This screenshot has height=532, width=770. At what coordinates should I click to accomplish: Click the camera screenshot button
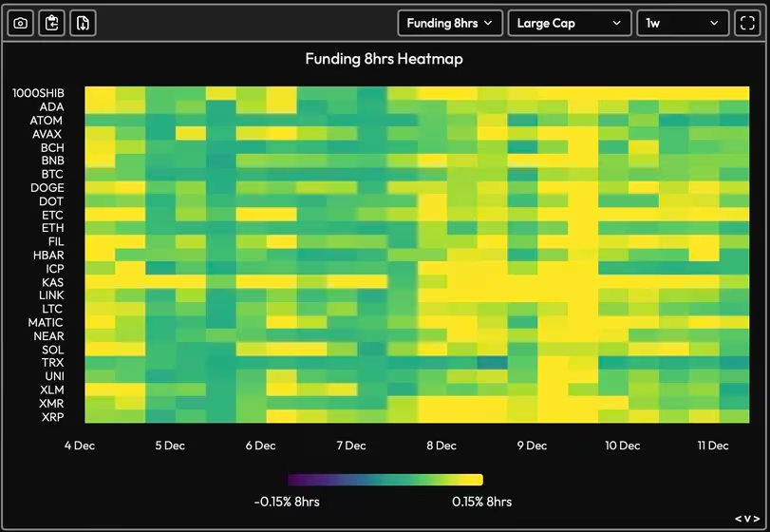21,24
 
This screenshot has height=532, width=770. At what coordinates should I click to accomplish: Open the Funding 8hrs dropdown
449,24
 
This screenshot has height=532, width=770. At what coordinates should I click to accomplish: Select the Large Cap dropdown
569,24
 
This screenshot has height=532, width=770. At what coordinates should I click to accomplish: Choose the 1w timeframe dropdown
683,24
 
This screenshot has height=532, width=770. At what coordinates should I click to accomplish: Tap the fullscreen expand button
746,24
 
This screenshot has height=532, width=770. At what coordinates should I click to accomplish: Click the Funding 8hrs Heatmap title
384,59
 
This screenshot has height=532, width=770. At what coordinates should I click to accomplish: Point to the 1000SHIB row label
38,93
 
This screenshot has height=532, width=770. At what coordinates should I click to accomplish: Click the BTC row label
52,175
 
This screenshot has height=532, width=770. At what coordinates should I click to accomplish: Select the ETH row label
52,228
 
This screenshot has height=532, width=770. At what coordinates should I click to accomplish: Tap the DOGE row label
47,188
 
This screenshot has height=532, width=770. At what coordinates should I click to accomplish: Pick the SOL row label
52,350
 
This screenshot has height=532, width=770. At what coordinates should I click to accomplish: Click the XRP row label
52,417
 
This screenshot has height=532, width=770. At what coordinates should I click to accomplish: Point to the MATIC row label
46,323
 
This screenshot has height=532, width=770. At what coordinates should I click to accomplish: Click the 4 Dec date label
80,446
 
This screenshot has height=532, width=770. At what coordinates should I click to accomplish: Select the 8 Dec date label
441,446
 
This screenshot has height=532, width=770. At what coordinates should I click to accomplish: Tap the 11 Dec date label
712,446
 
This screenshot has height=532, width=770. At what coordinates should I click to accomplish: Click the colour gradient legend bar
385,480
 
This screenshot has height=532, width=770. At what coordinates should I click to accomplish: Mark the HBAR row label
48,256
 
